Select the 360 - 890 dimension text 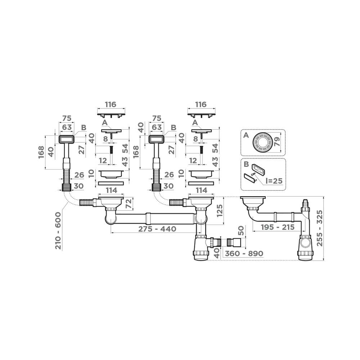[244, 253]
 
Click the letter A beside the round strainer [246, 135]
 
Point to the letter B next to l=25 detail [246, 164]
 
